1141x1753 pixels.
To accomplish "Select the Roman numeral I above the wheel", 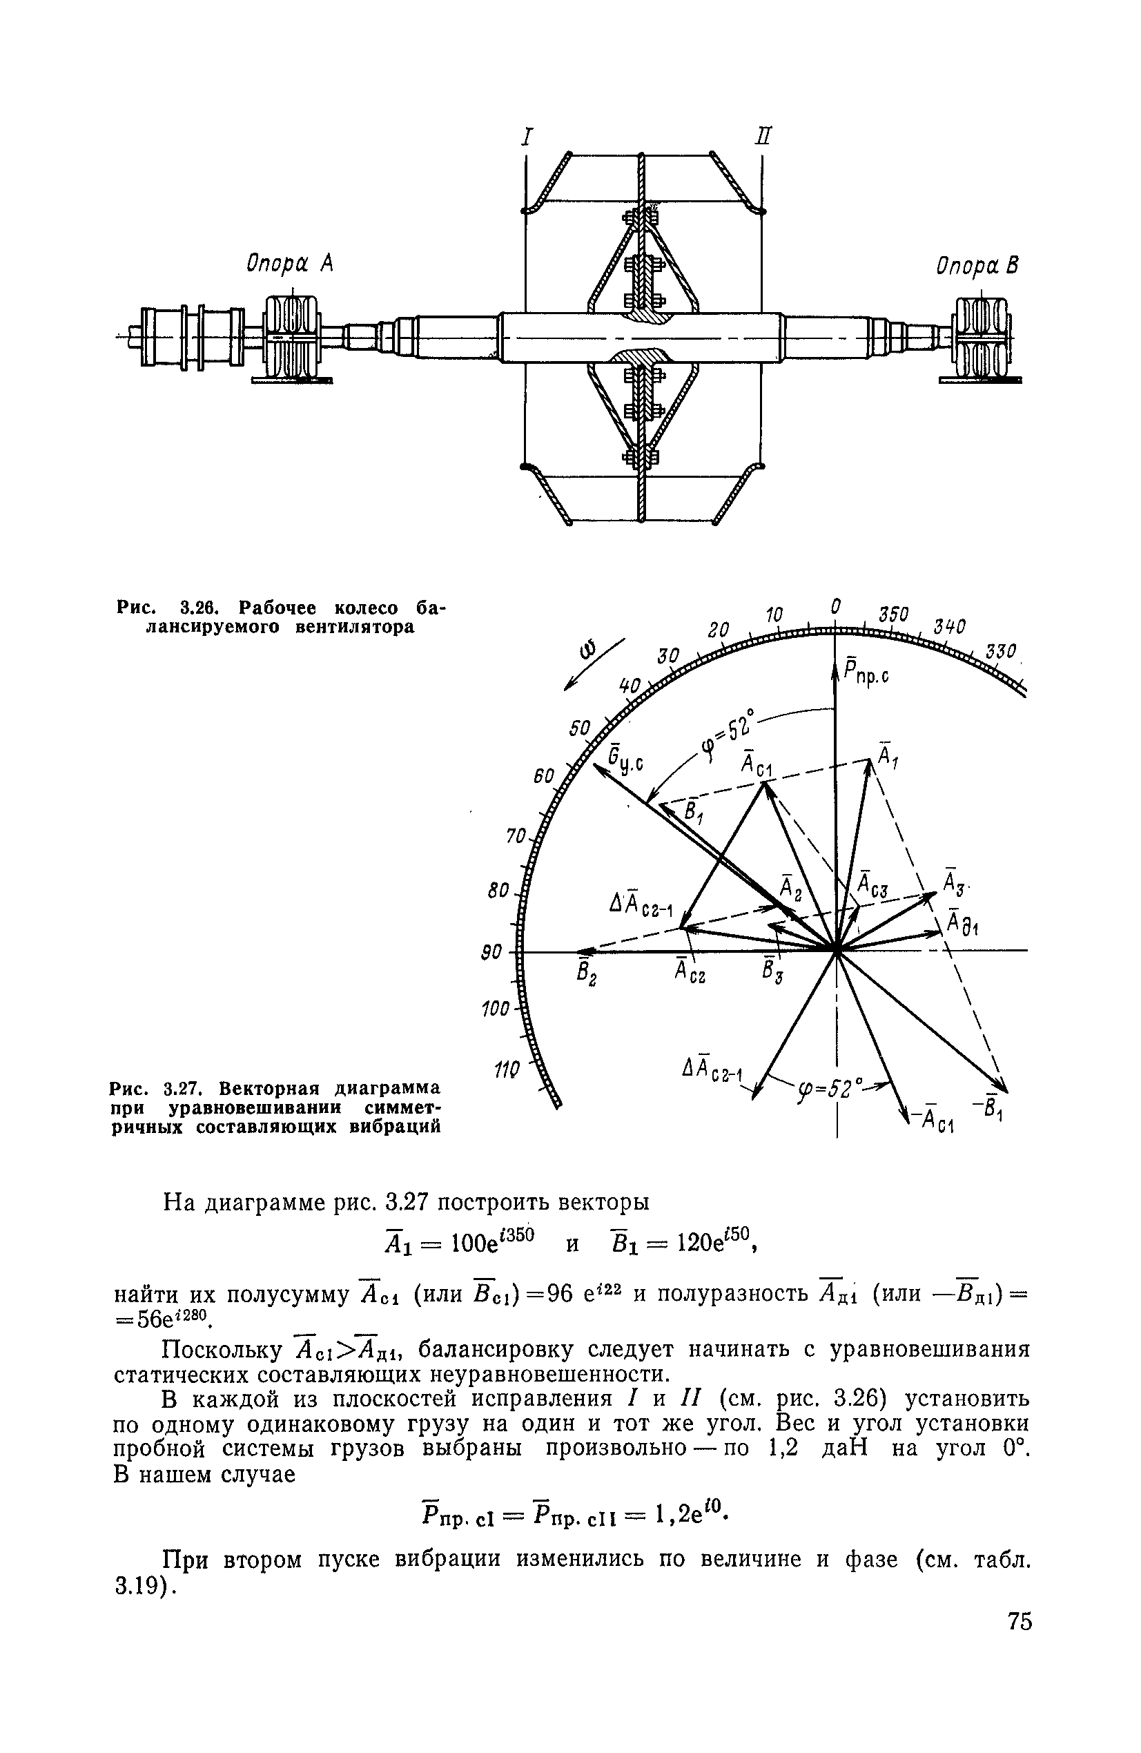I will point(526,137).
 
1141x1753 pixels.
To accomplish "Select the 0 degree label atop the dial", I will point(835,606).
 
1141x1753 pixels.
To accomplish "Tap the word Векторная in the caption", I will point(272,1088).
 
